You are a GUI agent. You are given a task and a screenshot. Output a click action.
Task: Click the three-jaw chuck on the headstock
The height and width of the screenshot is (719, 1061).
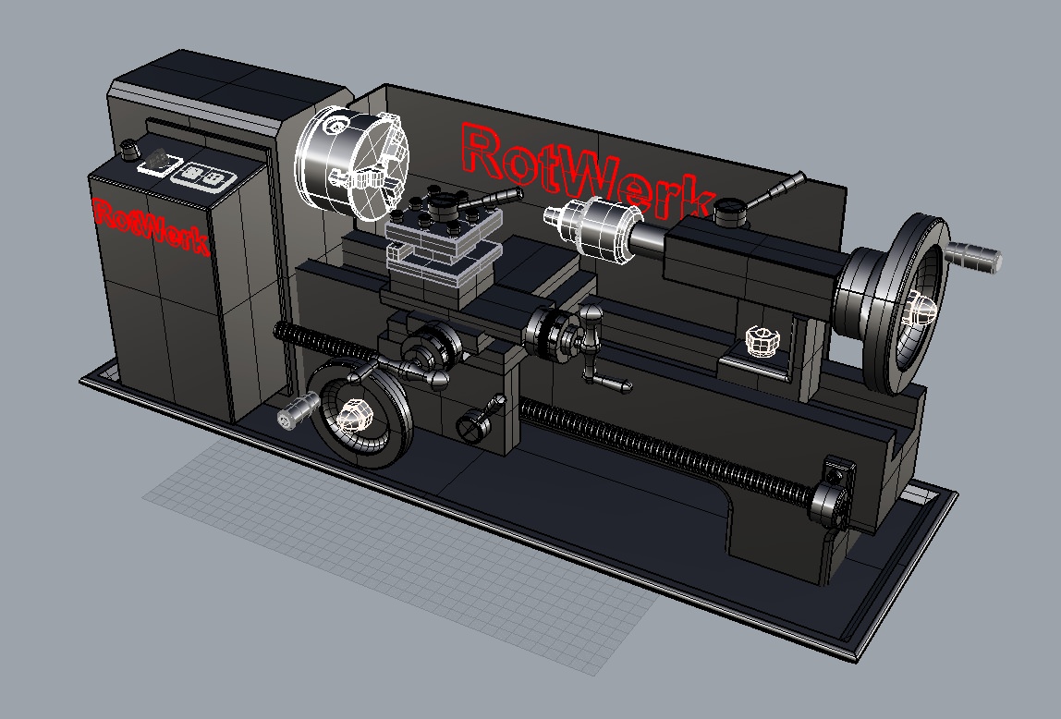pos(344,165)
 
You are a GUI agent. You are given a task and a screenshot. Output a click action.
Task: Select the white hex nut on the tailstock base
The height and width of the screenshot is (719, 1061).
pos(762,340)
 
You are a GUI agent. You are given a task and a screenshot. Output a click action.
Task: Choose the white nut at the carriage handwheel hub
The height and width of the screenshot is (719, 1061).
pos(353,415)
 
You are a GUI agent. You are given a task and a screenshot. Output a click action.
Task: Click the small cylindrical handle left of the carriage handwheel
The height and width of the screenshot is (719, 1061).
pos(297,412)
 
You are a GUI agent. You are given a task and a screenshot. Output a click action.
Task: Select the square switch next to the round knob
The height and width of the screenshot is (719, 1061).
pos(157,163)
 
